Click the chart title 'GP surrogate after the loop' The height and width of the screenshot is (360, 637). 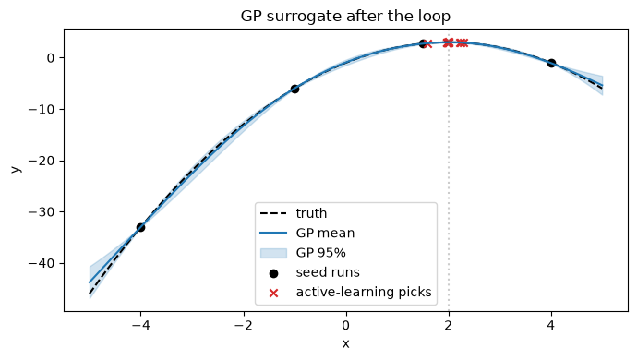(345, 17)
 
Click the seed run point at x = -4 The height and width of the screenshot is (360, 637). (140, 228)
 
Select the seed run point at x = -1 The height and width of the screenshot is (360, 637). (294, 89)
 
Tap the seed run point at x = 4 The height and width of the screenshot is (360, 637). (551, 63)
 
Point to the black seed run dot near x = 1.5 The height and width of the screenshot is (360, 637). (423, 43)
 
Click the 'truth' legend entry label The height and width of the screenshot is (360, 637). (311, 213)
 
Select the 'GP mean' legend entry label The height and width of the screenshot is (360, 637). (325, 233)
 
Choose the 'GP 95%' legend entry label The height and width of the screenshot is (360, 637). (321, 253)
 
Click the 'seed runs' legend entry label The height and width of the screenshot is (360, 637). (328, 272)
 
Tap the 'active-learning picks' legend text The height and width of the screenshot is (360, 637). (364, 292)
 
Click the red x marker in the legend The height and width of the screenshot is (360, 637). (274, 293)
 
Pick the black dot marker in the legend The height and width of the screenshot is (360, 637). (274, 273)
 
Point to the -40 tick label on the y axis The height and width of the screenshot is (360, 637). (41, 264)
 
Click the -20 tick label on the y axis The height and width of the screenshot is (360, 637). (41, 161)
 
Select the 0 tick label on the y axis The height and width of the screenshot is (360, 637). (51, 58)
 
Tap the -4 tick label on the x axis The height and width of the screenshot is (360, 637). (140, 326)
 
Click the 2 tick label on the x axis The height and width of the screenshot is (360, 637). (449, 326)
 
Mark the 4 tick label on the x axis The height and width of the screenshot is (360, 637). (551, 326)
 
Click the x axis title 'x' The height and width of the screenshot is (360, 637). (345, 344)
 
